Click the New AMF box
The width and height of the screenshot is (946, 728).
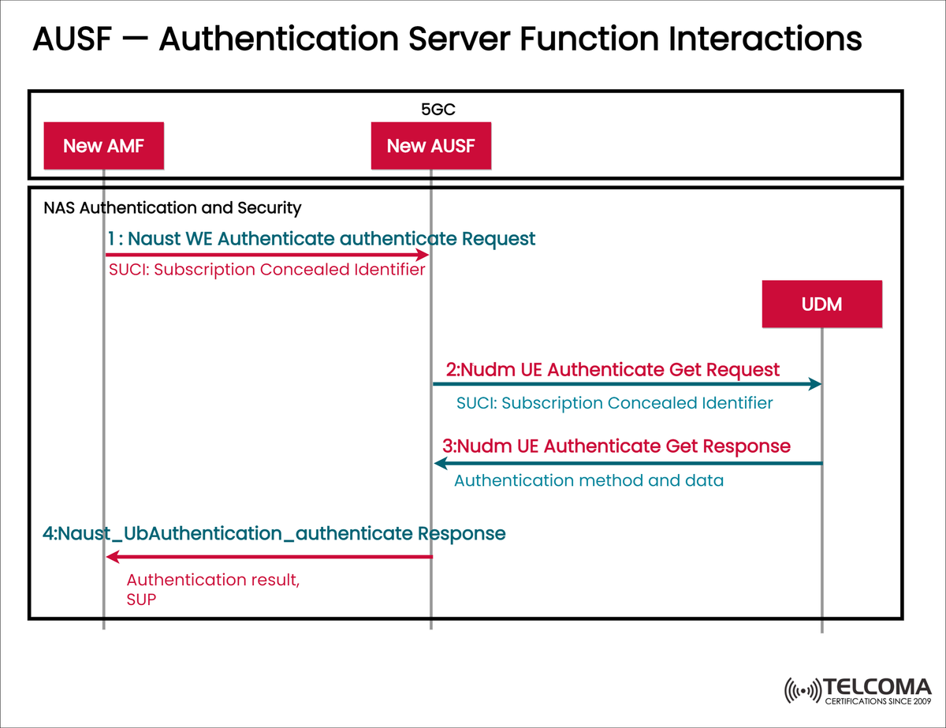pos(103,145)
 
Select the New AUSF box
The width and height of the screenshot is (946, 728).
pos(431,145)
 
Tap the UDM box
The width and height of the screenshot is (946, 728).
pos(821,304)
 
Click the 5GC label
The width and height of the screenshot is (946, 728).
pos(438,110)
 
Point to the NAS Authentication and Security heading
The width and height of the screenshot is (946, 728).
pos(172,208)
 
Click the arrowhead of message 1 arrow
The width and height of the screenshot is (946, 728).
pos(423,255)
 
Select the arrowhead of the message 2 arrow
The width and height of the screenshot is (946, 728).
pos(815,384)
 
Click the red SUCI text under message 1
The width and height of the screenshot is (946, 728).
pos(266,270)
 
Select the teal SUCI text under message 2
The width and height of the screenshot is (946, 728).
pos(614,403)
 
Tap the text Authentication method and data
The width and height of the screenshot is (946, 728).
pos(588,480)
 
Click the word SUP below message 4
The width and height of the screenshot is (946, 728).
pos(141,599)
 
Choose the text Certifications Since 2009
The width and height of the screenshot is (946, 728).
pos(877,700)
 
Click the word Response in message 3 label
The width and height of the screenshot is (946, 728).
pos(745,446)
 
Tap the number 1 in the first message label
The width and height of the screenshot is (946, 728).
pos(111,238)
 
